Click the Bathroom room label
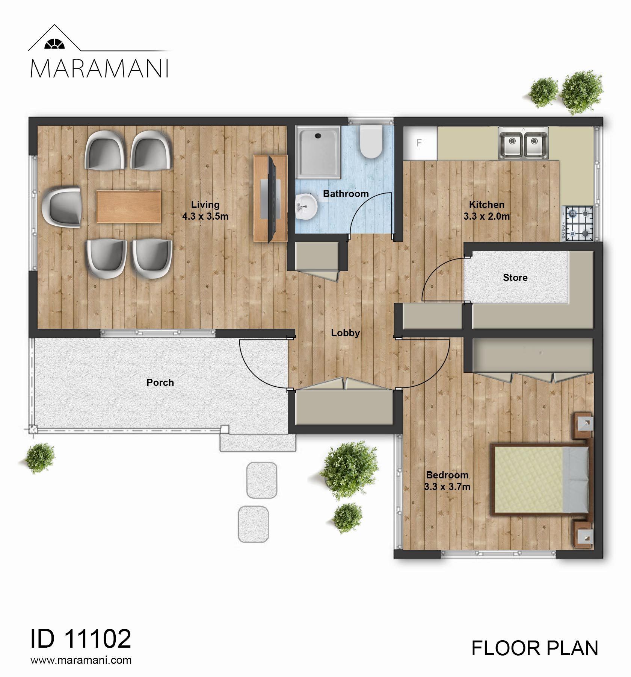pyautogui.click(x=346, y=194)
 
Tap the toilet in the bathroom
pyautogui.click(x=371, y=142)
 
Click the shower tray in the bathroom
pyautogui.click(x=318, y=152)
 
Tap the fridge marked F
pyautogui.click(x=420, y=143)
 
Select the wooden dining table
pyautogui.click(x=129, y=206)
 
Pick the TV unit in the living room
pyautogui.click(x=270, y=198)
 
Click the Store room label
pyautogui.click(x=515, y=278)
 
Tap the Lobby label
pyautogui.click(x=346, y=333)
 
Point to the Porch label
pyautogui.click(x=160, y=383)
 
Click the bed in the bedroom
pyautogui.click(x=540, y=478)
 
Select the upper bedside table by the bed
pyautogui.click(x=583, y=425)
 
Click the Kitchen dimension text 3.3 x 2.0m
pyautogui.click(x=486, y=216)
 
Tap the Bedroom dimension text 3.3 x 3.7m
pyautogui.click(x=447, y=487)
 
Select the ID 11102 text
pyautogui.click(x=81, y=638)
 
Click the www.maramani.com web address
pyautogui.click(x=81, y=660)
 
